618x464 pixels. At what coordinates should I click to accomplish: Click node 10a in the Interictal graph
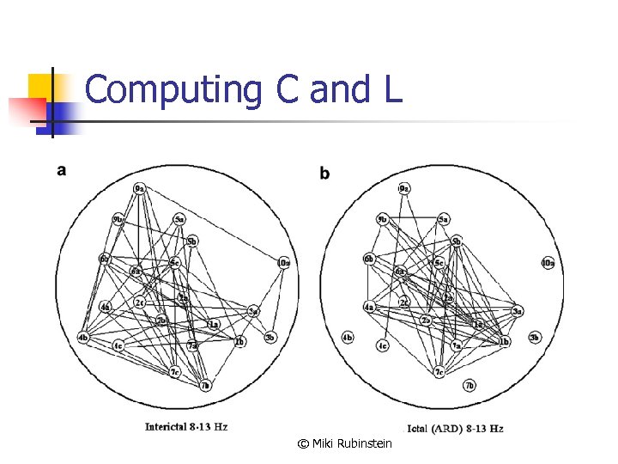tap(284, 262)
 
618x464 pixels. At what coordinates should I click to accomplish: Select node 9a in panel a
tap(140, 188)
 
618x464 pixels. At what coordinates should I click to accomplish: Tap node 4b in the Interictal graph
tap(82, 337)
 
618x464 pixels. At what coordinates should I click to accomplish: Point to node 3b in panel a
tap(270, 337)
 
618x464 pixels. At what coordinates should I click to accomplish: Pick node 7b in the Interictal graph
tap(205, 385)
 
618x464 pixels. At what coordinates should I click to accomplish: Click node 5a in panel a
tap(179, 219)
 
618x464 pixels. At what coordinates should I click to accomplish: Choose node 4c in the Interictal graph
tap(118, 345)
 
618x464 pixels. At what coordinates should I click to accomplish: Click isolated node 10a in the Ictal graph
tap(547, 262)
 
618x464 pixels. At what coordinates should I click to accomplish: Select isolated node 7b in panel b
tap(469, 385)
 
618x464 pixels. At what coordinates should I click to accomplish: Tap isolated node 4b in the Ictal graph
tap(348, 337)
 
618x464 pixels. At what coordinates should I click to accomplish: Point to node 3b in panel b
tap(534, 337)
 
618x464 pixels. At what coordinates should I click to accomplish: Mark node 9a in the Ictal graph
tap(403, 188)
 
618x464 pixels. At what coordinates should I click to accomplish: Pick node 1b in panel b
tap(505, 342)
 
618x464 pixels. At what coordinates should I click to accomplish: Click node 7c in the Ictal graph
tap(439, 372)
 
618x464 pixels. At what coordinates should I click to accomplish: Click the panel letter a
tap(62, 170)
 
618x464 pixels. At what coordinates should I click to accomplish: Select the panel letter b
tap(324, 174)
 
